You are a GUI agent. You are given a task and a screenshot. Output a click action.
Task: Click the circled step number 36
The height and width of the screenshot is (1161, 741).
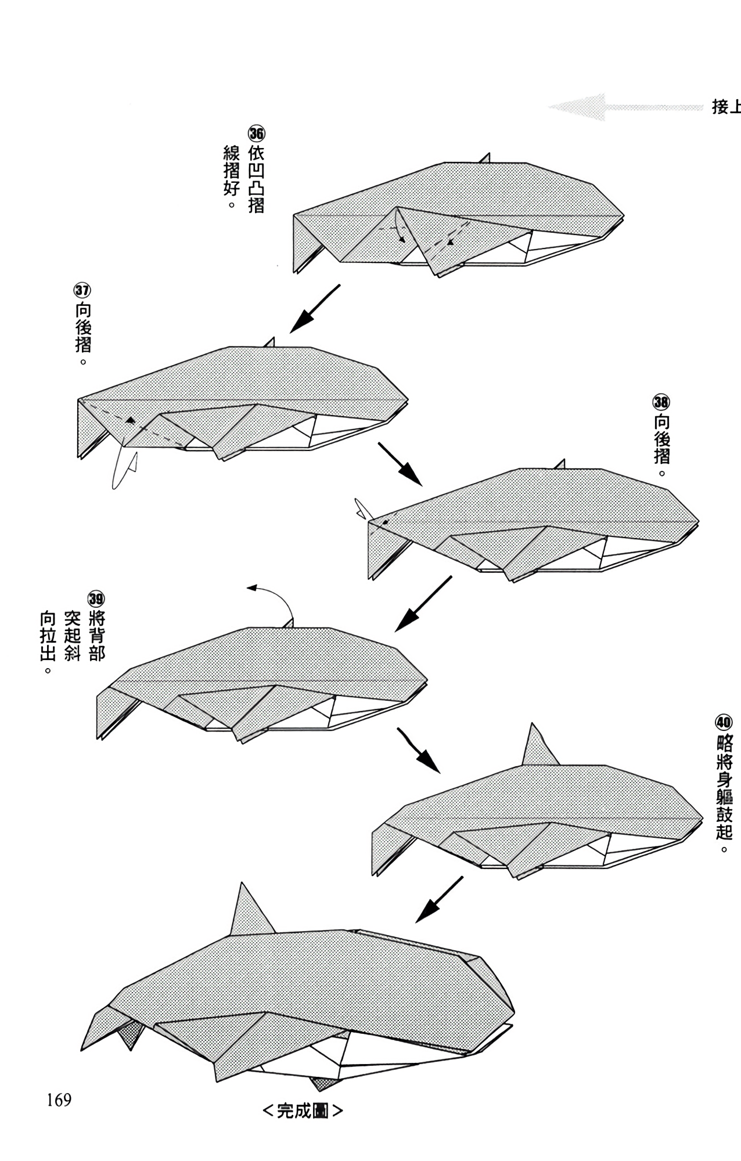click(257, 134)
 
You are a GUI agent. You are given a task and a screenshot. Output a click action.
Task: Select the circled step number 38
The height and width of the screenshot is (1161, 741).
click(661, 402)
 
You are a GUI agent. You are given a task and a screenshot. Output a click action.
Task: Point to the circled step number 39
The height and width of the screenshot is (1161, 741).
click(96, 598)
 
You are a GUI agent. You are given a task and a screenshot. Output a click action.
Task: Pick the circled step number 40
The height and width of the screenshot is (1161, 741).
click(724, 723)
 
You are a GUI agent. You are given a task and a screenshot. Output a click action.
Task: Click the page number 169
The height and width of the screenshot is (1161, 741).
click(59, 1099)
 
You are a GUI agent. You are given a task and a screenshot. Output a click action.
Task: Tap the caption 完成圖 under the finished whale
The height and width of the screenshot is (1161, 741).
click(303, 1111)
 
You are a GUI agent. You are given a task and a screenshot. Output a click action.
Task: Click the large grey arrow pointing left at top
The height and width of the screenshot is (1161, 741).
click(626, 107)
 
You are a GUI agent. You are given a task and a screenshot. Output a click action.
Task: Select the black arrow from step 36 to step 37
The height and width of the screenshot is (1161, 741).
click(314, 309)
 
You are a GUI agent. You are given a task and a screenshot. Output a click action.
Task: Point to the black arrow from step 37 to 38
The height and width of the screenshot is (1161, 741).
click(400, 464)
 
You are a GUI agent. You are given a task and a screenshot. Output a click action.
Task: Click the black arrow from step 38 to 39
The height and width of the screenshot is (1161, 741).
click(423, 604)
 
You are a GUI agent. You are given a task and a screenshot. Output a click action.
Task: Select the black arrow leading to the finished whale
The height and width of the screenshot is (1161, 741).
click(439, 899)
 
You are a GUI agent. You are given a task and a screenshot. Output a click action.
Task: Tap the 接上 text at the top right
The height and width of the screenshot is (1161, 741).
click(726, 107)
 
